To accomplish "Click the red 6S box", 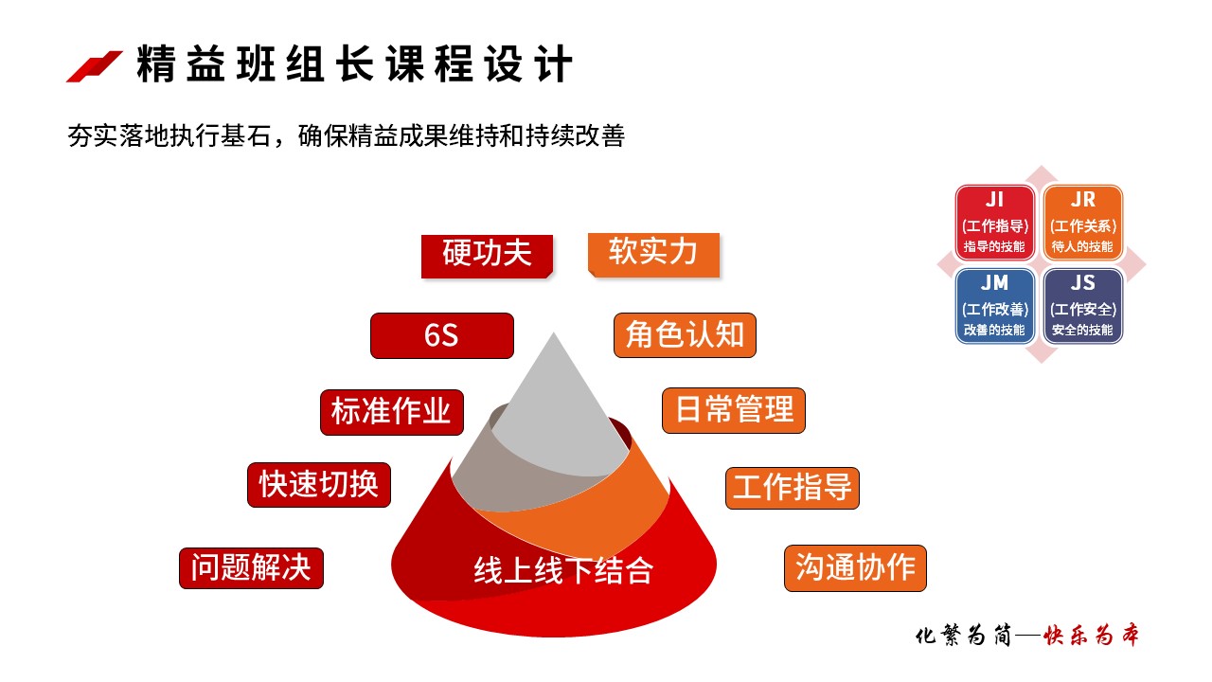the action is click(441, 335).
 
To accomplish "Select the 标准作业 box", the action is click(392, 412).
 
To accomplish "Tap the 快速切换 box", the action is click(319, 484).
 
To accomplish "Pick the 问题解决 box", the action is click(251, 567).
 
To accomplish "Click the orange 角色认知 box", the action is click(685, 335).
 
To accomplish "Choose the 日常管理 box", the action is click(734, 410).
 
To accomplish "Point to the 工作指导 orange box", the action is click(793, 488).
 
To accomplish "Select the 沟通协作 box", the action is click(855, 567).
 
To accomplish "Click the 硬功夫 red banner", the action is click(487, 256).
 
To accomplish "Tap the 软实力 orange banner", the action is click(653, 255).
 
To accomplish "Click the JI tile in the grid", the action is click(994, 223).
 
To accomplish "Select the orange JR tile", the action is click(1082, 223).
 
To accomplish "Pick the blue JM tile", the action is click(994, 306).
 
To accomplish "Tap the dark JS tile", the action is click(1082, 306).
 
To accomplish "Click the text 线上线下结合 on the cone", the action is click(563, 570).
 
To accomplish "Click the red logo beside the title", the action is click(94, 66).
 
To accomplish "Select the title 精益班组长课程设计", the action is click(354, 63).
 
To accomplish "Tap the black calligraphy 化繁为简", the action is click(963, 635).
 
